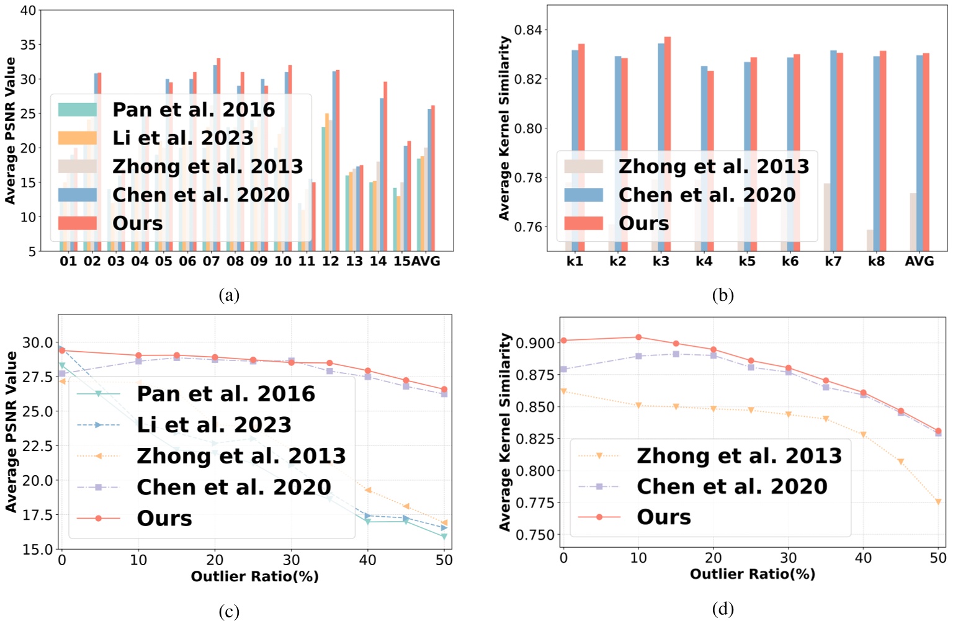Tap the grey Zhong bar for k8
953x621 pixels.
(x=870, y=240)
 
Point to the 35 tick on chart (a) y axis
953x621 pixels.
(x=28, y=45)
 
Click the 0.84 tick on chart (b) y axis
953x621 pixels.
(x=527, y=30)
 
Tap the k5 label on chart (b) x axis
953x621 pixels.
(x=747, y=261)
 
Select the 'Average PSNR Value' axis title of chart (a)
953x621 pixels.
(x=10, y=130)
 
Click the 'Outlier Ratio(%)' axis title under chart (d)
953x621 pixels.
(x=752, y=574)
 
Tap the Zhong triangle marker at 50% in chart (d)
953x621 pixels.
(x=938, y=502)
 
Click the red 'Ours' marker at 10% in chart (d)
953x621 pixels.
(x=638, y=337)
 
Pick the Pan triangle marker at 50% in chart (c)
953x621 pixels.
(x=444, y=537)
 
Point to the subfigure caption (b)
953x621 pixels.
(x=723, y=295)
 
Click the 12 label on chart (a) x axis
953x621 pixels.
(x=330, y=261)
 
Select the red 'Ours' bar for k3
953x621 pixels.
(x=668, y=143)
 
